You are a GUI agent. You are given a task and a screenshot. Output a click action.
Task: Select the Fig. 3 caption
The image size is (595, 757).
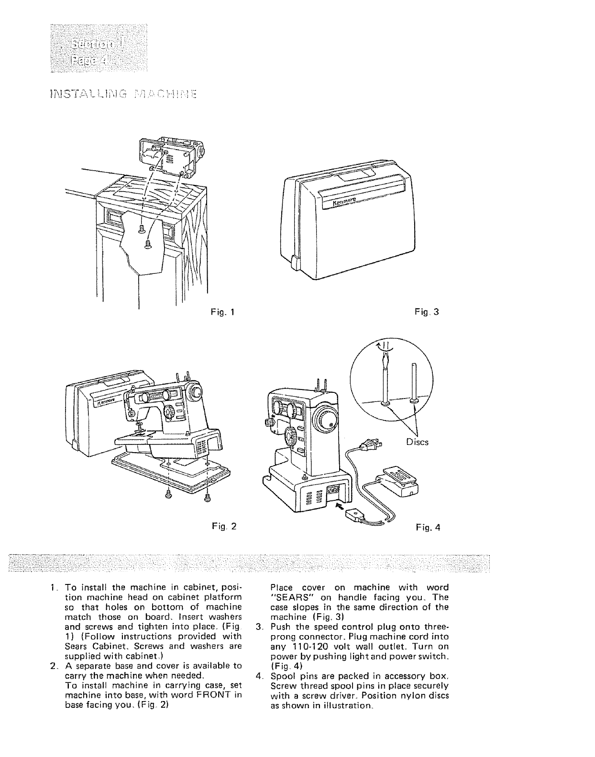tap(428, 313)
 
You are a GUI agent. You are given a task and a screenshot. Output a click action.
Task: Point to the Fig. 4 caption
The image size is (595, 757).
tap(428, 528)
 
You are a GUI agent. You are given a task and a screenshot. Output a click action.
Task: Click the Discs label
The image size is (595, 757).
tap(417, 442)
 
